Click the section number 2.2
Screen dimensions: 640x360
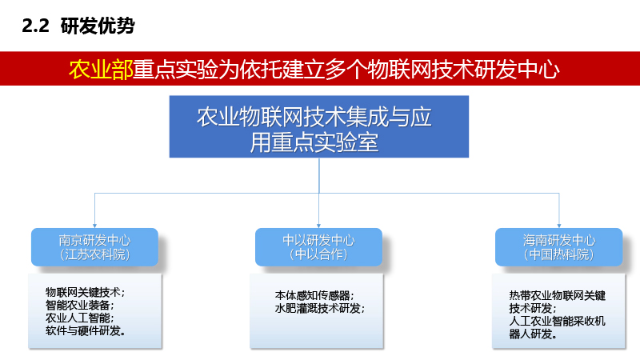pyautogui.click(x=35, y=26)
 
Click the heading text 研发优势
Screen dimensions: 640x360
pyautogui.click(x=98, y=26)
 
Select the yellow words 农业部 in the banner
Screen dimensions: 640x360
pyautogui.click(x=101, y=69)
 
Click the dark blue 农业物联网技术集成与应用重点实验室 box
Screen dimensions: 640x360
pyautogui.click(x=318, y=126)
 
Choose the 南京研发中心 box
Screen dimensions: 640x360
pyautogui.click(x=94, y=247)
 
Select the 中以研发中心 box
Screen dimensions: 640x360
pyautogui.click(x=318, y=247)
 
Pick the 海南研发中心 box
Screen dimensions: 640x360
pyautogui.click(x=558, y=247)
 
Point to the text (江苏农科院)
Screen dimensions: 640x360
pyautogui.click(x=94, y=254)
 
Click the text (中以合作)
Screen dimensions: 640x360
pyautogui.click(x=318, y=254)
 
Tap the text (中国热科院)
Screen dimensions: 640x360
pyautogui.click(x=558, y=254)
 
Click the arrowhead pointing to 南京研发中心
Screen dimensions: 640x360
pyautogui.click(x=94, y=226)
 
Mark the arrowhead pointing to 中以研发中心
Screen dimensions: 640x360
pyautogui.click(x=318, y=226)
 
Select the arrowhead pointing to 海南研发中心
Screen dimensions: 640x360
pyautogui.click(x=559, y=226)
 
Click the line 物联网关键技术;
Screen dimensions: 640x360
pyautogui.click(x=85, y=292)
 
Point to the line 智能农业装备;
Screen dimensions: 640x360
pyautogui.click(x=79, y=305)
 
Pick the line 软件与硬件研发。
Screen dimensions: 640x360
pyautogui.click(x=86, y=330)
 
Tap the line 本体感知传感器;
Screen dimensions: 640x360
pyautogui.click(x=314, y=295)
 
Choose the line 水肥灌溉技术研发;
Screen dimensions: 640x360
pyautogui.click(x=319, y=308)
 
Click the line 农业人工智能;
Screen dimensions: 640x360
pyautogui.click(x=79, y=318)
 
